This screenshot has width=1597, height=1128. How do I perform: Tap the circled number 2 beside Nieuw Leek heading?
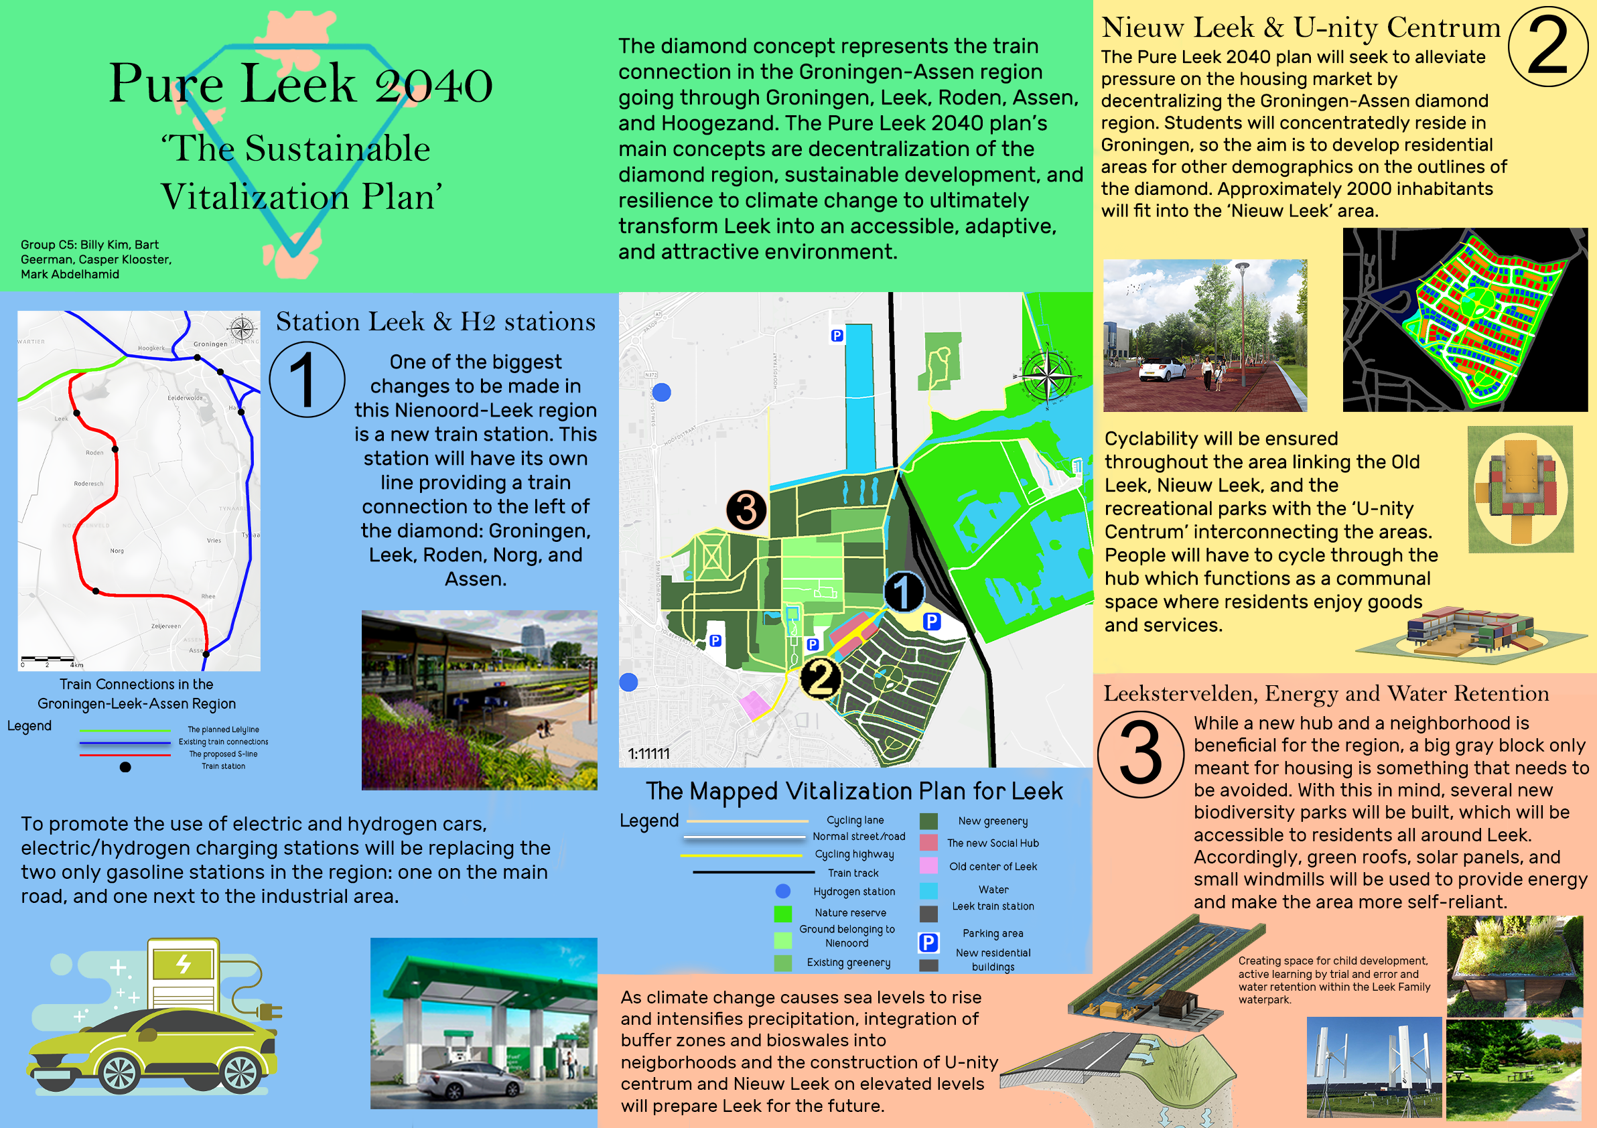point(1547,47)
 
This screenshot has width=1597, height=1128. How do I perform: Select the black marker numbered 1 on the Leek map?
point(903,592)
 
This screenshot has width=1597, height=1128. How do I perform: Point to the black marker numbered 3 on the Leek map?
point(746,509)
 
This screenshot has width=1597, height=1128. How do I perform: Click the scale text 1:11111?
point(648,754)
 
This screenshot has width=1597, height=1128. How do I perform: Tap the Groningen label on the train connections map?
point(210,344)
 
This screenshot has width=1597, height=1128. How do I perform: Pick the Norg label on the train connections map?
point(117,551)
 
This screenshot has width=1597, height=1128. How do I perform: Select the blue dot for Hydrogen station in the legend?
point(782,891)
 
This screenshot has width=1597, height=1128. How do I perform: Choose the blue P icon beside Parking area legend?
point(928,942)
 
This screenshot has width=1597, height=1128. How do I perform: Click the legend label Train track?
point(853,873)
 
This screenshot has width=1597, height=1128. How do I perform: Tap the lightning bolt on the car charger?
point(184,964)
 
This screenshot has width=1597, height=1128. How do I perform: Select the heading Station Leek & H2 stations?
point(435,322)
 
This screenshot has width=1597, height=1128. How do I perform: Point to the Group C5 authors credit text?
point(95,259)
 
